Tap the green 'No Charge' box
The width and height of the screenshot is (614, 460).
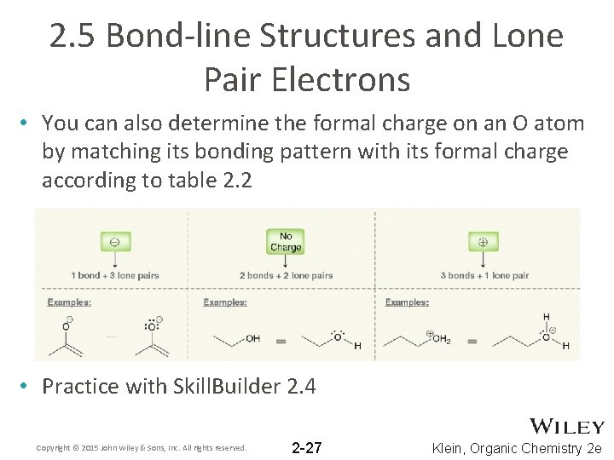pos(285,242)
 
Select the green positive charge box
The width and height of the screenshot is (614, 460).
pos(483,241)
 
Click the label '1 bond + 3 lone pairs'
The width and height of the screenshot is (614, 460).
pos(115,275)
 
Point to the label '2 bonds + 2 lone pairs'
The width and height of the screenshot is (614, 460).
pos(287,275)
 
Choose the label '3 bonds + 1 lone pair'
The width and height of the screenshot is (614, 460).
pos(484,275)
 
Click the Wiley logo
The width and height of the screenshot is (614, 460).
pos(566,426)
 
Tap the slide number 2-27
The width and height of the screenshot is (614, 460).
pos(306,447)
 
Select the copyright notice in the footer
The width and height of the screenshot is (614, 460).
pos(142,447)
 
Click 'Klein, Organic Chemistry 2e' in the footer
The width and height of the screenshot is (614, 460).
pos(517,447)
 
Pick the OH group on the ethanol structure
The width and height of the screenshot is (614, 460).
pos(252,338)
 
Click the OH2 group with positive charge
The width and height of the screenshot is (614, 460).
pos(440,339)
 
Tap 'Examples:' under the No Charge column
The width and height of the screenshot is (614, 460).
pos(225,302)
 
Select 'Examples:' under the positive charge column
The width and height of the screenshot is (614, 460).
pos(407,302)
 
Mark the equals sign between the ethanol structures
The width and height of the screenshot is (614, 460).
pos(281,340)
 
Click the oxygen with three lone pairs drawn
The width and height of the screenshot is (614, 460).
pos(153,325)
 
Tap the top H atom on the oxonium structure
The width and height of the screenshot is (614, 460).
pos(546,316)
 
